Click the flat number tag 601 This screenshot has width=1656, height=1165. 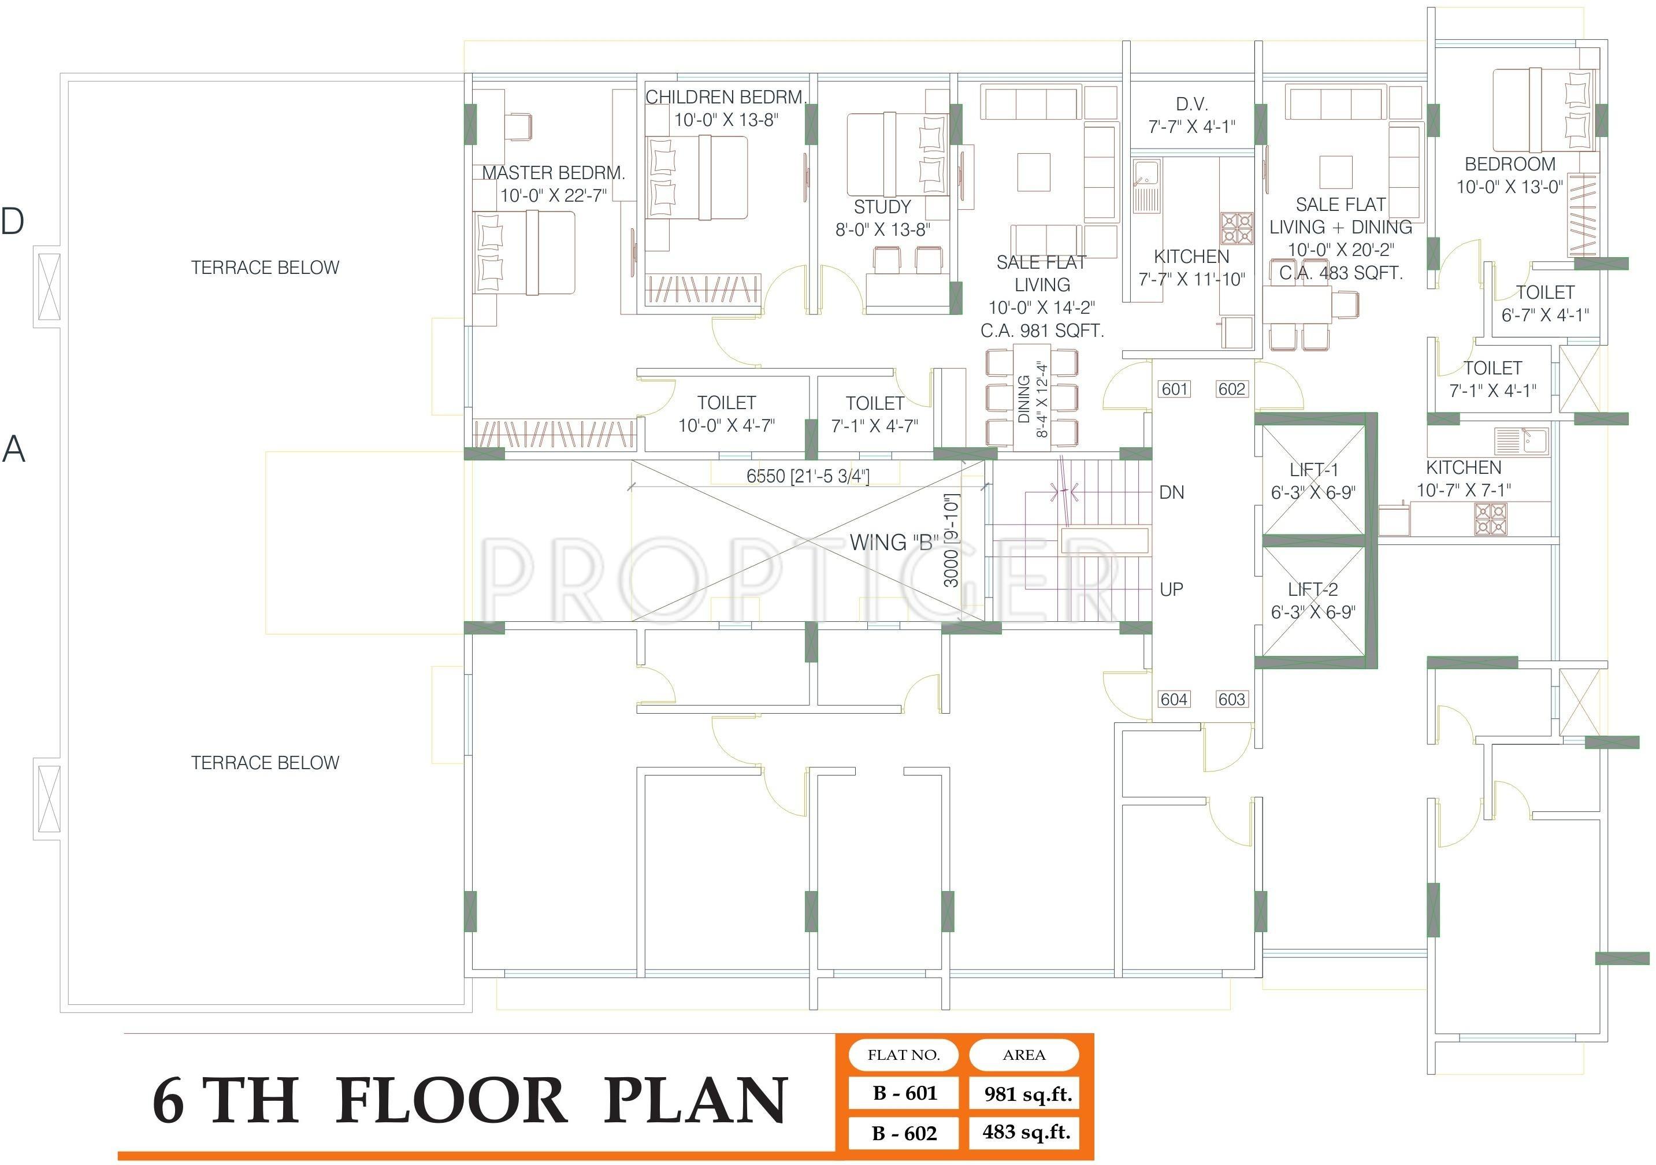(1174, 389)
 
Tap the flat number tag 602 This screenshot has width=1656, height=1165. (1231, 389)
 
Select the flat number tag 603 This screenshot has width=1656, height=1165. (1231, 699)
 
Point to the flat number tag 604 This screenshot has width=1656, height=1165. (1174, 699)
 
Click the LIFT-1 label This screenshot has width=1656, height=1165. (1313, 470)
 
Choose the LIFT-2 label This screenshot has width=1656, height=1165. (1313, 590)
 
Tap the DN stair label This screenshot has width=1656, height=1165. (1171, 493)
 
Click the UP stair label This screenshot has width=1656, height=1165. (1171, 589)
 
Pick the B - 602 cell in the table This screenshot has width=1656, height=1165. (904, 1133)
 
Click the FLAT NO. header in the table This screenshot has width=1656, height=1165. (904, 1055)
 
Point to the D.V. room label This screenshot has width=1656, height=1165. (1191, 105)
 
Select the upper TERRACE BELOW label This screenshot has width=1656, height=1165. (265, 268)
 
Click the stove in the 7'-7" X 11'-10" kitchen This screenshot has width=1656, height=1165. (1237, 228)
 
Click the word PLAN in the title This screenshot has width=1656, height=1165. (695, 1101)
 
